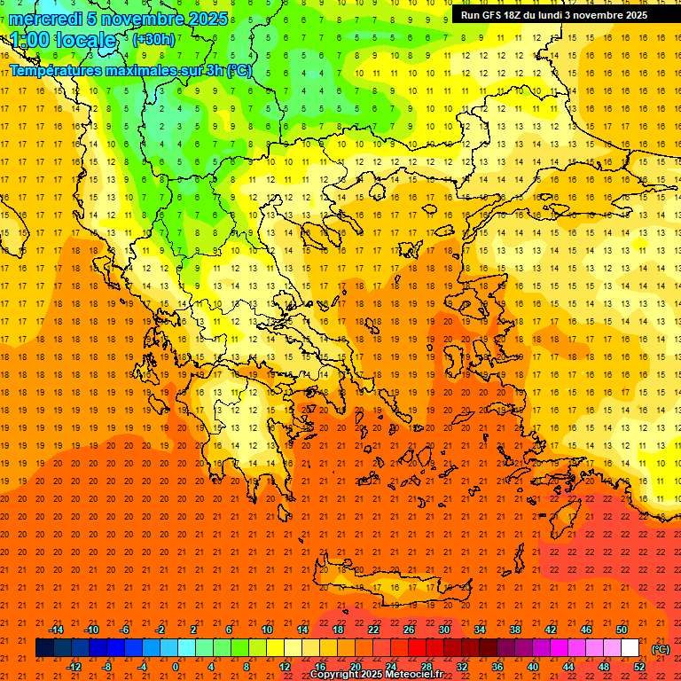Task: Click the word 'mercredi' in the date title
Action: tap(45, 19)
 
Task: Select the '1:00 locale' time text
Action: tap(63, 40)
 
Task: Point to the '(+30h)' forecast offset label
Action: tap(153, 40)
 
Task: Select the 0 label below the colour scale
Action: tap(176, 667)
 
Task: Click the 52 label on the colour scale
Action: tap(639, 667)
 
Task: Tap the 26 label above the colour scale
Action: tap(409, 630)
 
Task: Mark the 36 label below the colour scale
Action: tap(497, 667)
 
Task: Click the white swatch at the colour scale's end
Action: tap(630, 648)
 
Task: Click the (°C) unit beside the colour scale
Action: tap(660, 649)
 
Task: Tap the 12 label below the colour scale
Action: tap(285, 667)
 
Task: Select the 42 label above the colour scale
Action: tap(551, 630)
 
